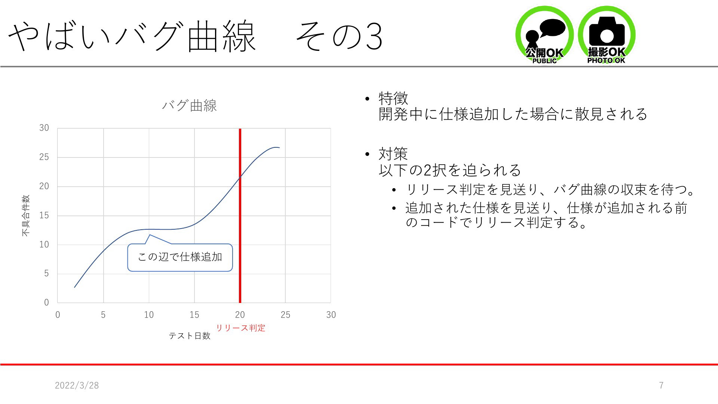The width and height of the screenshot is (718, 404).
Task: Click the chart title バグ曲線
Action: point(189,105)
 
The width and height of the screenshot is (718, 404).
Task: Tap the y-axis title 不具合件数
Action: point(25,215)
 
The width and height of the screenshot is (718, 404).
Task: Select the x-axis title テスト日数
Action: point(190,336)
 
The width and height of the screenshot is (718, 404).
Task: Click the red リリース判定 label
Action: point(240,328)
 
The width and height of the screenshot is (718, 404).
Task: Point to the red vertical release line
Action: point(240,215)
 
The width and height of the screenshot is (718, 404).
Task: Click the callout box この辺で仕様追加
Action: point(180,257)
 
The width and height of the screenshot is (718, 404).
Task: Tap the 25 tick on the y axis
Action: point(44,157)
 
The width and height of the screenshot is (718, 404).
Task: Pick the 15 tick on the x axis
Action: point(194,315)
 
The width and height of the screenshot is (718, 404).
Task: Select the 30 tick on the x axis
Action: point(331,315)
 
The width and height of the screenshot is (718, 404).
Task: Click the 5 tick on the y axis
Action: point(46,273)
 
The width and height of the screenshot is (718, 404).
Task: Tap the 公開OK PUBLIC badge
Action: point(544,35)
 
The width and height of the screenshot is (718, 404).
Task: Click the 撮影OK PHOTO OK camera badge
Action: point(607,35)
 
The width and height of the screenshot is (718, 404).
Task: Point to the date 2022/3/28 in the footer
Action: point(77,385)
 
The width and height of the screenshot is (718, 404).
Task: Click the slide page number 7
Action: point(661,385)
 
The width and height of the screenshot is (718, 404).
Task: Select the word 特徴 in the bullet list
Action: point(393,98)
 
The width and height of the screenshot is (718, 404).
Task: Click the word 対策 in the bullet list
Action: point(393,154)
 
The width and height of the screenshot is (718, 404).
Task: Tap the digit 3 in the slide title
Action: point(374,37)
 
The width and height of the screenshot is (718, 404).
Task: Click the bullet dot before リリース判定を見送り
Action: point(394,190)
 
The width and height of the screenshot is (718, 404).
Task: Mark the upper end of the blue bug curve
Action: point(279,148)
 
